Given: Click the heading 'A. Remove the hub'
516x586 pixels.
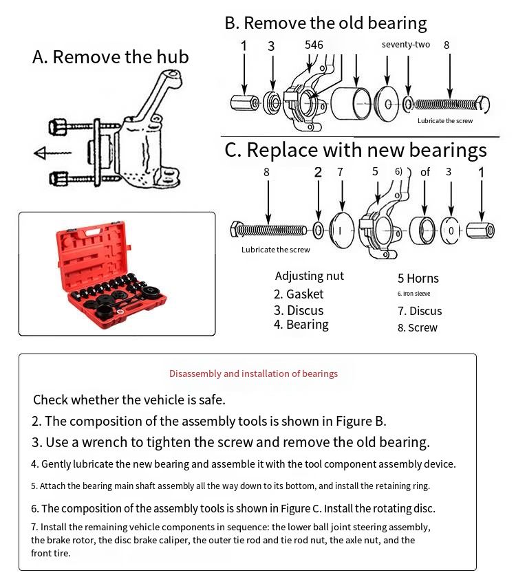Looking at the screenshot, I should pos(110,56).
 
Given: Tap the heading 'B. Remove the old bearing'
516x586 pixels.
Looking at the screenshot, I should pos(325,23).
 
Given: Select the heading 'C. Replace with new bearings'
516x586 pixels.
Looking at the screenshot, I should pos(356,150).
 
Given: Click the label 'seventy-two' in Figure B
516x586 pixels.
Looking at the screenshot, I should pos(406,45).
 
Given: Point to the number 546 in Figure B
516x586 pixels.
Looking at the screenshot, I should pos(314,45).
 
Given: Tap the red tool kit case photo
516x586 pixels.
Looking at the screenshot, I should pos(116,274).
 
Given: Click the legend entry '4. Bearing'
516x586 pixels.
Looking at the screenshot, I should pos(301,325).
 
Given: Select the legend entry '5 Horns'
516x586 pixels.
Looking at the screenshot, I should pos(418,279).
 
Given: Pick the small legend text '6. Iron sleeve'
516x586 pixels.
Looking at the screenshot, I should pos(413,294).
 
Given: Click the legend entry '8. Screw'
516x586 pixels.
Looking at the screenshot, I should pos(417,327).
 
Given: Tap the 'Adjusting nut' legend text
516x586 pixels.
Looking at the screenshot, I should pos(309,276).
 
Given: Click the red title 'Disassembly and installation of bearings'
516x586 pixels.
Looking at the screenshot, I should pos(253,373).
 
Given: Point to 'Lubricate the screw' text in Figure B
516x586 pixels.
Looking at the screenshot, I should pos(445,121).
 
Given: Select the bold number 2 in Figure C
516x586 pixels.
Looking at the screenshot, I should pos(318,172).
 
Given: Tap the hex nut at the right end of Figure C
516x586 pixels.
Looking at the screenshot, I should pos(480,229).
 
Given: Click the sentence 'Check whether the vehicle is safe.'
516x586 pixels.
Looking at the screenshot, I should pos(129,400).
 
